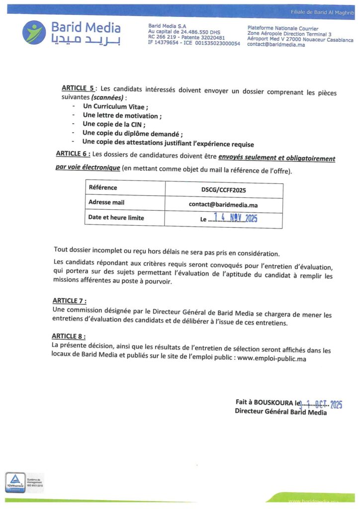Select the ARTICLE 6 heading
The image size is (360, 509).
73,154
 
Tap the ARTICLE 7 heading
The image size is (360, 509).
69,300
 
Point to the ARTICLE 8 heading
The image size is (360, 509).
69,336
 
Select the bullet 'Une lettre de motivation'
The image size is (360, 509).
122,115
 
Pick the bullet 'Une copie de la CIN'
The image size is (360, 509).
114,124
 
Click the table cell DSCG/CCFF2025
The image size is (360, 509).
223,190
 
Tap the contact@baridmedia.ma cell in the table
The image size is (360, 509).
223,204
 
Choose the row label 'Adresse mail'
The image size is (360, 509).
106,202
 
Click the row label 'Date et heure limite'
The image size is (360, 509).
116,217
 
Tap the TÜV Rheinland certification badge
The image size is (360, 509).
15,482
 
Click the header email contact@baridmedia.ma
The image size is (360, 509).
276,45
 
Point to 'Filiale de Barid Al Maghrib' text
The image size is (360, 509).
322,11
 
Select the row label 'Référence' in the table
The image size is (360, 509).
103,187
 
